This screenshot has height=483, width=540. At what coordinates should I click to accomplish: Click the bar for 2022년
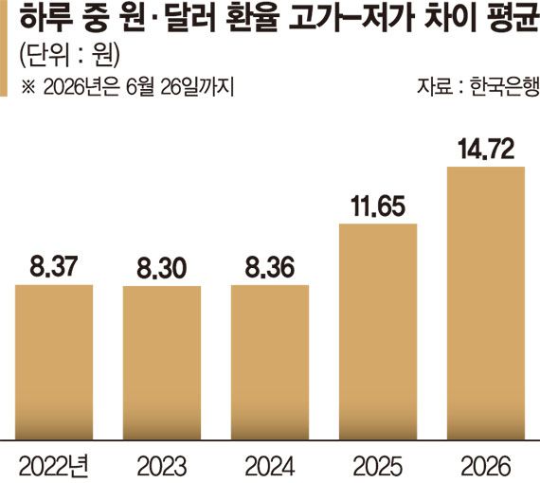(54, 362)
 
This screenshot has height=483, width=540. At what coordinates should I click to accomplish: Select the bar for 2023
(162, 363)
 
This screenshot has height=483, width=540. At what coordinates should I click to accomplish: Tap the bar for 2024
(270, 362)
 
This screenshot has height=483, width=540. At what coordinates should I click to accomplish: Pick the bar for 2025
(378, 331)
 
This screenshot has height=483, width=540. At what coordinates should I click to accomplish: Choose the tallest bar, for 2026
(486, 303)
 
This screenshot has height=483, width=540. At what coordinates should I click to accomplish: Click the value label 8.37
(54, 266)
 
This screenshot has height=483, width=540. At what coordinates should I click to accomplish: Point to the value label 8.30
(162, 268)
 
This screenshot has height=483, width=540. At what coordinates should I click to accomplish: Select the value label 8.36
(270, 267)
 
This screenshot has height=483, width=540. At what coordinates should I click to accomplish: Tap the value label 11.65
(378, 206)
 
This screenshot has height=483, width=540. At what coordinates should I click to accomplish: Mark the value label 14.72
(486, 149)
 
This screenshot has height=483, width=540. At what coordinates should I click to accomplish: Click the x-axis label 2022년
(54, 466)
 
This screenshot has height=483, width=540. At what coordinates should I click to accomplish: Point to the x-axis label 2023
(162, 466)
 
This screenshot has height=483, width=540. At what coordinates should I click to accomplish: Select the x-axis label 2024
(270, 466)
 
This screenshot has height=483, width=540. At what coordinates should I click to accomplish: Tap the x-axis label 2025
(378, 466)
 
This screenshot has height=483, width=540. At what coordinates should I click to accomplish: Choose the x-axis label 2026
(486, 466)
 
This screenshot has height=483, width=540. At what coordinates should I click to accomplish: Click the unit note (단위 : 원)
(69, 56)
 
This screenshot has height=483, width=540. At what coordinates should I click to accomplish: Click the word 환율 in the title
(252, 18)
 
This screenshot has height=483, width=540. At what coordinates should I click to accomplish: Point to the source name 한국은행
(504, 86)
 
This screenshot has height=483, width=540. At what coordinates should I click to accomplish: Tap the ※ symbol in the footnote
(28, 87)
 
